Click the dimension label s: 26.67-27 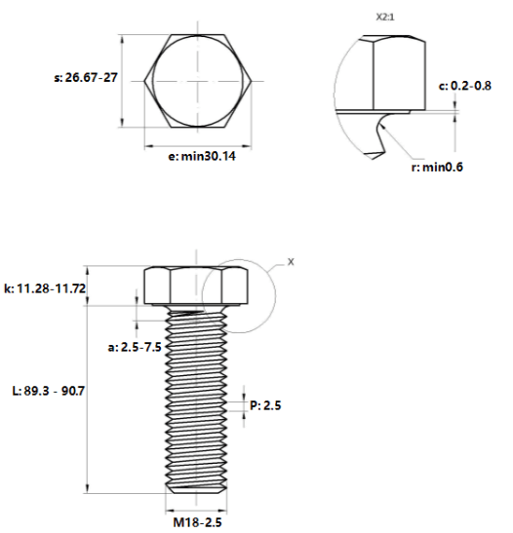click(86, 78)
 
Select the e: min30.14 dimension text click(202, 156)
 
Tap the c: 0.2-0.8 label click(464, 86)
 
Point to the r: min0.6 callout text click(437, 167)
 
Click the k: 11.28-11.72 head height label click(45, 288)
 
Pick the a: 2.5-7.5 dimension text click(135, 347)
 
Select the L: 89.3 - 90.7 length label click(49, 391)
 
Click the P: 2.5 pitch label click(265, 405)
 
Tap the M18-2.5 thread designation click(197, 522)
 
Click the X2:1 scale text click(385, 17)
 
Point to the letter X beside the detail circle click(291, 262)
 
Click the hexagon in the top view click(144, 81)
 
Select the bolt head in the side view click(196, 285)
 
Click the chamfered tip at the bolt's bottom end click(196, 489)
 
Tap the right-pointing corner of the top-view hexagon click(252, 81)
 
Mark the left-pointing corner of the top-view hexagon click(143, 81)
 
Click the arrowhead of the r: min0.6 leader click(382, 126)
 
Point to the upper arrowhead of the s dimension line click(123, 38)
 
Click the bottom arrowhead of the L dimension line click(88, 489)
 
